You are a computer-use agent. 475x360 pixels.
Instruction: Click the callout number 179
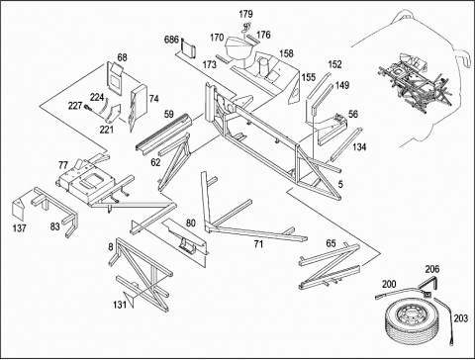(x=245, y=14)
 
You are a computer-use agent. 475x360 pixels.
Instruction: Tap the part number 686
(x=171, y=40)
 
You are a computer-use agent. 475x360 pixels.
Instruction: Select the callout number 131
(x=120, y=305)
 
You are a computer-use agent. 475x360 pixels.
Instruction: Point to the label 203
(x=461, y=318)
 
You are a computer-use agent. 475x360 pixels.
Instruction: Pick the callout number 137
(x=20, y=227)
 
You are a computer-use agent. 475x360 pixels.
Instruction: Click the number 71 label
(x=258, y=244)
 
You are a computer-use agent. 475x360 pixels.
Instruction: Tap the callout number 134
(x=359, y=147)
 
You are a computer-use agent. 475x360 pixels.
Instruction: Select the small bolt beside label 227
(x=88, y=108)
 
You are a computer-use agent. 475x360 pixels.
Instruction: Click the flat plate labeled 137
(x=19, y=209)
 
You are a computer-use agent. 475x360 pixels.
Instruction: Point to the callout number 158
(x=286, y=53)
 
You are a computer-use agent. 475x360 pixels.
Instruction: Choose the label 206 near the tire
(x=432, y=269)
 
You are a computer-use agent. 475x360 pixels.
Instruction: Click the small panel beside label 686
(x=189, y=48)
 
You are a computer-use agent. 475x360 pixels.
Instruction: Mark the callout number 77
(x=63, y=165)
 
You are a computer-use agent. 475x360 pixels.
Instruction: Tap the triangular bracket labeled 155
(x=295, y=91)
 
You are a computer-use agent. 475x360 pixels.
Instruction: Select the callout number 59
(x=169, y=114)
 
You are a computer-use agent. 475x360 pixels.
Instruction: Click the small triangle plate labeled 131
(x=129, y=299)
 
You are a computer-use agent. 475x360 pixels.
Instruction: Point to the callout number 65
(x=331, y=243)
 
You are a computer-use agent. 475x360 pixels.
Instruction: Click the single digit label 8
(x=111, y=246)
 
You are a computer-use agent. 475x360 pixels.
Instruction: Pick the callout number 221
(x=107, y=130)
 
